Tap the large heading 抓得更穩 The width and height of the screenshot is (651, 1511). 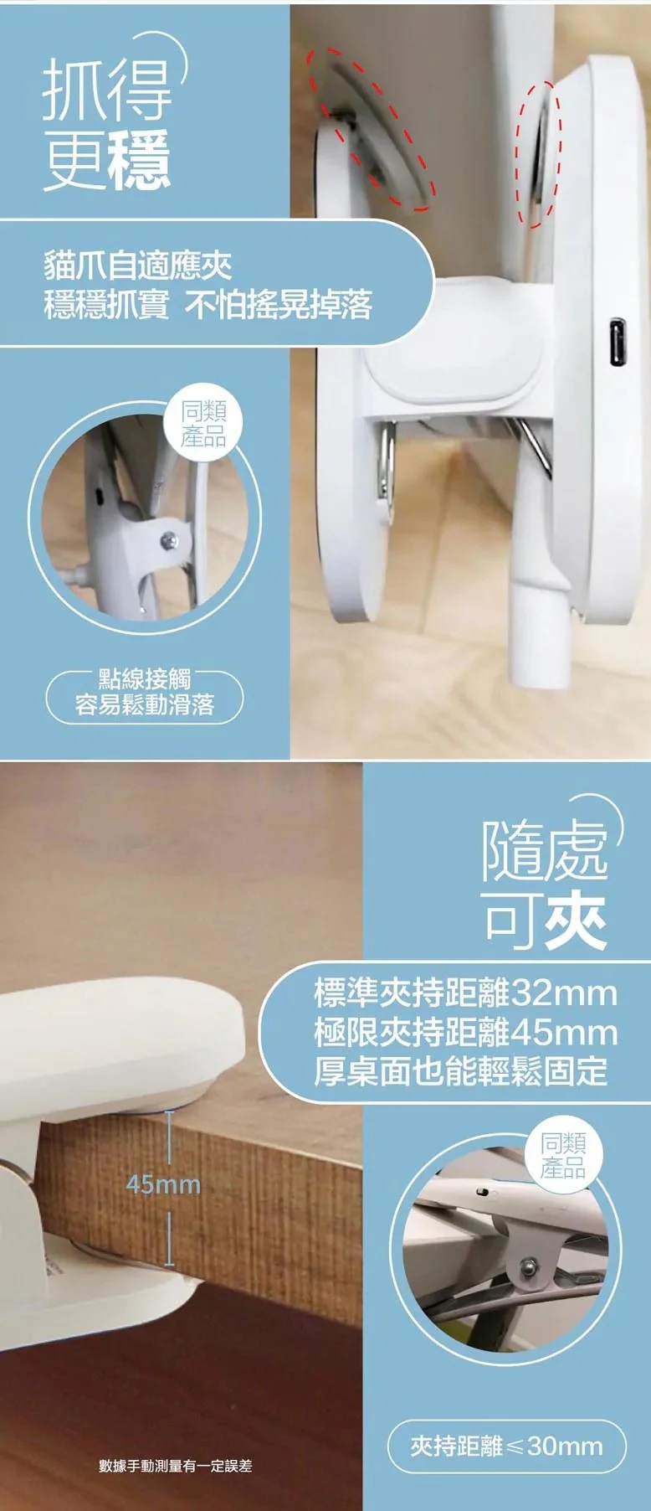(x=107, y=123)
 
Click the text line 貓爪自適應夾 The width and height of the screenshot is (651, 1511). (x=138, y=266)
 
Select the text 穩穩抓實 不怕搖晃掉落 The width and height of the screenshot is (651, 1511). (x=208, y=305)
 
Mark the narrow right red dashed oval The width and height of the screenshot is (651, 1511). (x=537, y=154)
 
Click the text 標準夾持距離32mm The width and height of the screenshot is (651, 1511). (x=465, y=993)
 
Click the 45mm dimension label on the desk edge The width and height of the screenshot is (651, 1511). (x=163, y=1184)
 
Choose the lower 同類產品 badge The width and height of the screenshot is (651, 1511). (x=562, y=1157)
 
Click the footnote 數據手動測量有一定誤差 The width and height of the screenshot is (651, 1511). (x=176, y=1466)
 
